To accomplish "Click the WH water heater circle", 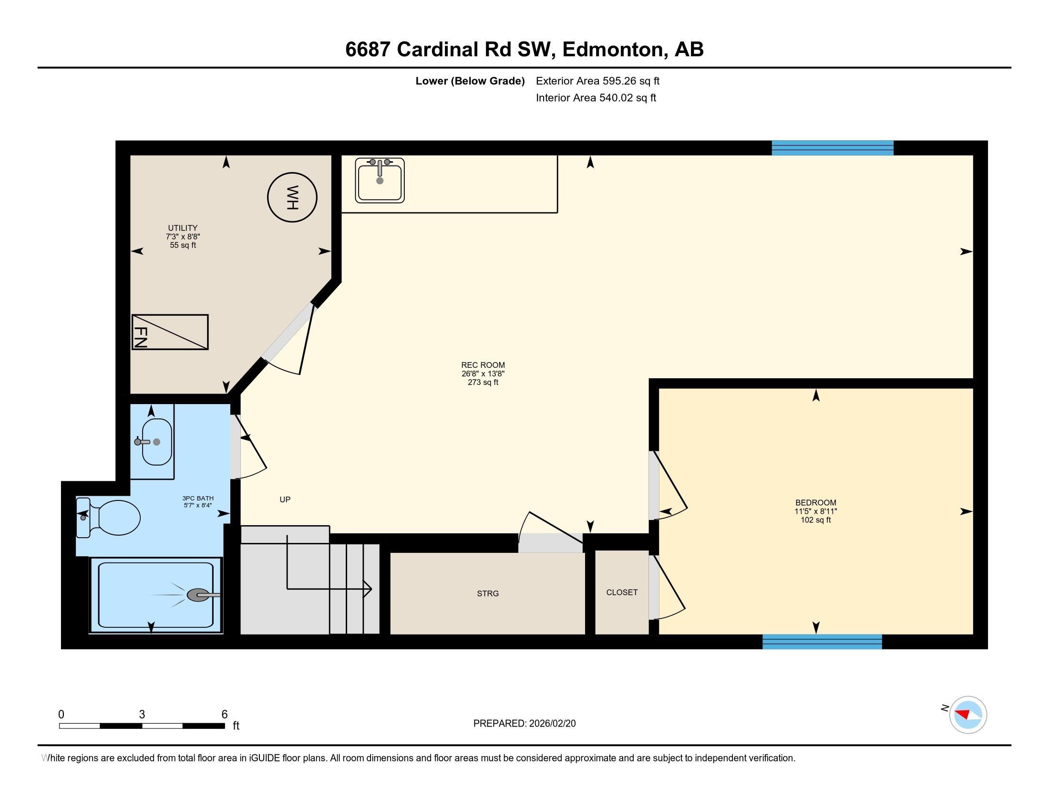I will click(292, 197).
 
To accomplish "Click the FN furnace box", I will click(170, 332).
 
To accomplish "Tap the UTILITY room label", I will click(183, 228).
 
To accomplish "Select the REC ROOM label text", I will click(483, 365).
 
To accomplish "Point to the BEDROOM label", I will click(815, 502).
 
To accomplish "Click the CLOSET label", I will click(621, 593).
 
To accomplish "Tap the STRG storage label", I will click(487, 593).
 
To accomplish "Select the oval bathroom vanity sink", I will click(156, 442).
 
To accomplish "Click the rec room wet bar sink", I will click(380, 180).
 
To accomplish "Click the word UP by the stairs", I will click(285, 499).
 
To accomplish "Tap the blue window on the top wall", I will click(832, 148).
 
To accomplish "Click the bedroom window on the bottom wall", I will click(822, 642).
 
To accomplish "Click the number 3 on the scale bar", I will click(142, 715).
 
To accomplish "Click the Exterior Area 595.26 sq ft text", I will click(597, 81).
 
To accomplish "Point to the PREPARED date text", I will click(524, 724).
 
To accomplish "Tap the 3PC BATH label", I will click(198, 498).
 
